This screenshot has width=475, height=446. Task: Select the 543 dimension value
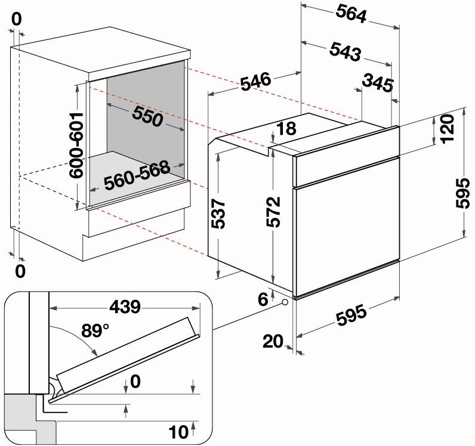click(345, 52)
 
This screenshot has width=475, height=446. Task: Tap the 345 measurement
click(379, 83)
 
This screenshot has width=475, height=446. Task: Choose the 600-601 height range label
click(76, 145)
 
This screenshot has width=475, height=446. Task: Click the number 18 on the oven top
click(286, 128)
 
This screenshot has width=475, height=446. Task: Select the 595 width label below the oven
click(351, 315)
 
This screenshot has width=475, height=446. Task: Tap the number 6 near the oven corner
click(263, 299)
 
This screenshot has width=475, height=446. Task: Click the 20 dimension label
click(274, 342)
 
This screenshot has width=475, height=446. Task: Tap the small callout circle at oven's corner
click(285, 302)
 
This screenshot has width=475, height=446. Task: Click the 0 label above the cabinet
click(16, 19)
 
